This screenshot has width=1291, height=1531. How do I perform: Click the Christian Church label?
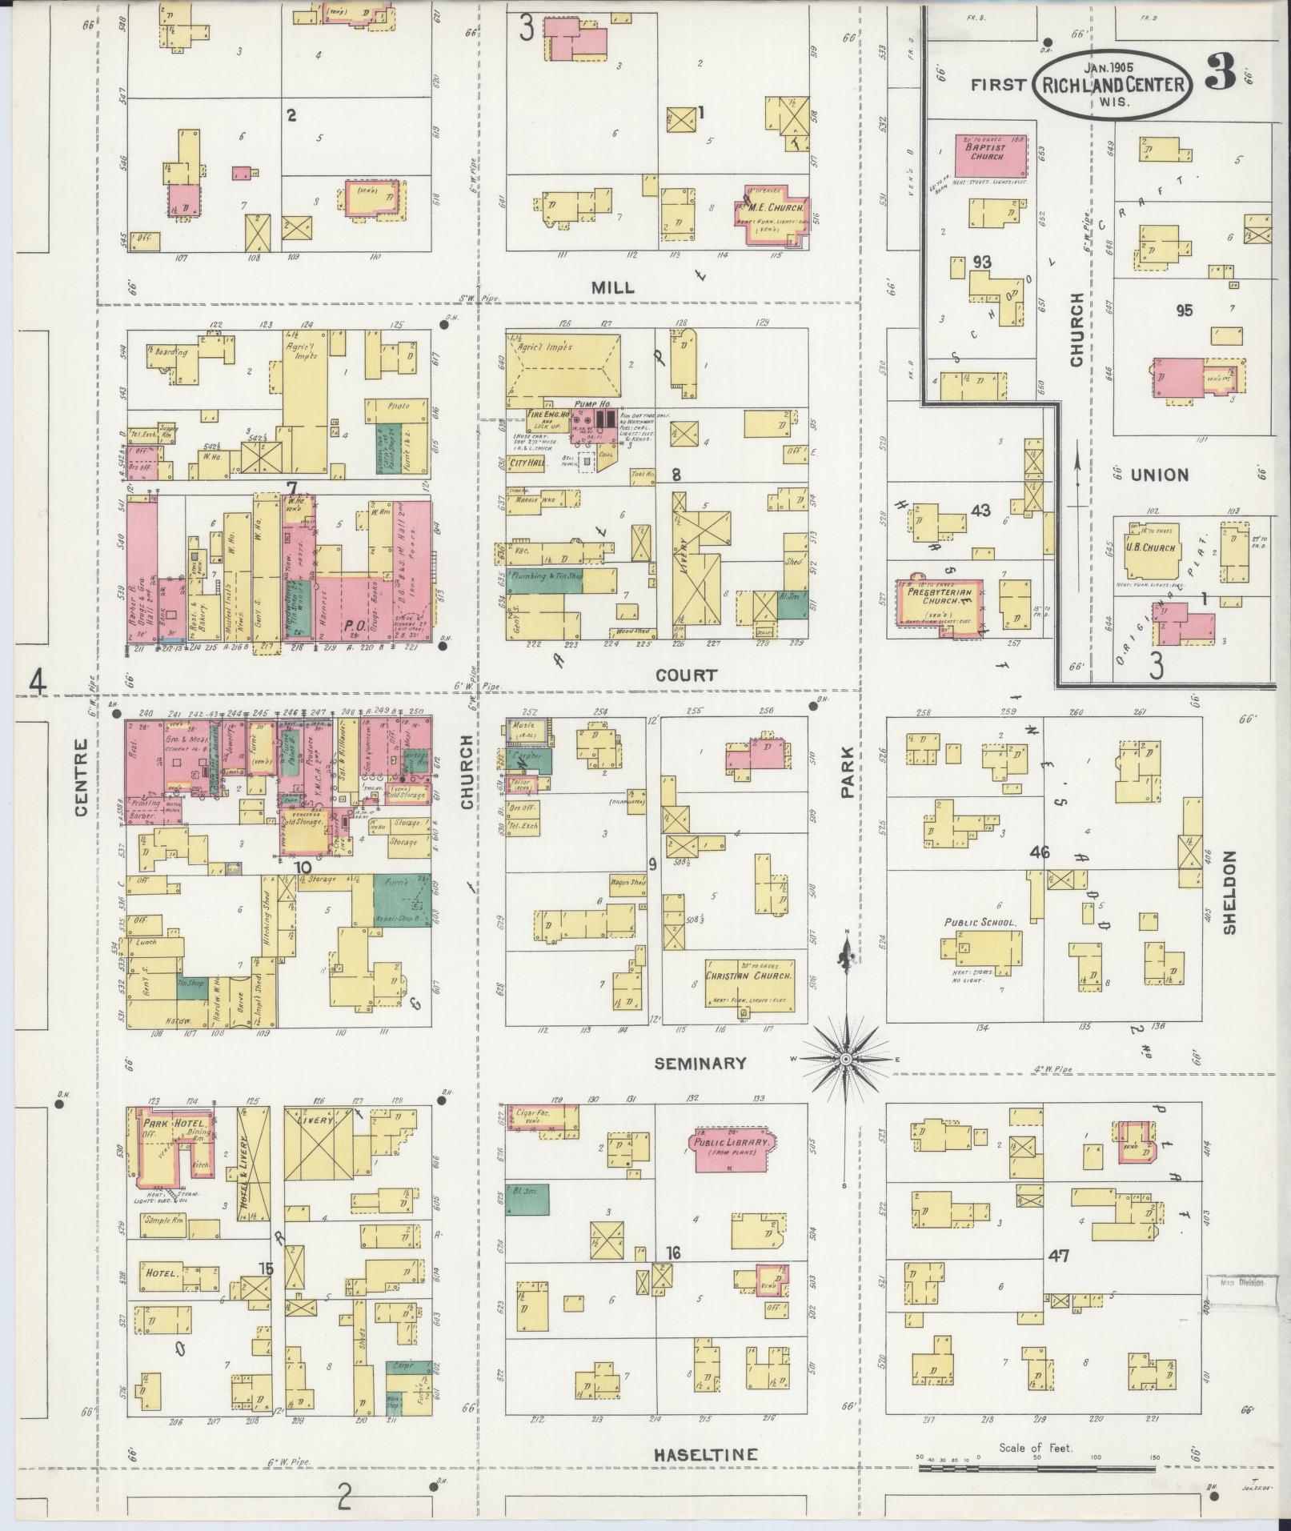coord(750,976)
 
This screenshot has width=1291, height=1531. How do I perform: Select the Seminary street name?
coord(700,1064)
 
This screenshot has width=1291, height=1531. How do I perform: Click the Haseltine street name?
coord(705,1454)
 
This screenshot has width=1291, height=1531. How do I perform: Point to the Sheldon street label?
coord(1229,892)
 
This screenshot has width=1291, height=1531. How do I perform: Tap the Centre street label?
coord(80,777)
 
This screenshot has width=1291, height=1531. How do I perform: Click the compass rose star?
coord(844,1060)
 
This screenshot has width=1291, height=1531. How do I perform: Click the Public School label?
coord(980,923)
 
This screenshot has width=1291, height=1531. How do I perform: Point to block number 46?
coord(1040,852)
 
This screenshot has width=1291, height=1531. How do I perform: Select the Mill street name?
coord(614,287)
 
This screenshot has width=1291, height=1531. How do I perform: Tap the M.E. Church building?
coord(772,213)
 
